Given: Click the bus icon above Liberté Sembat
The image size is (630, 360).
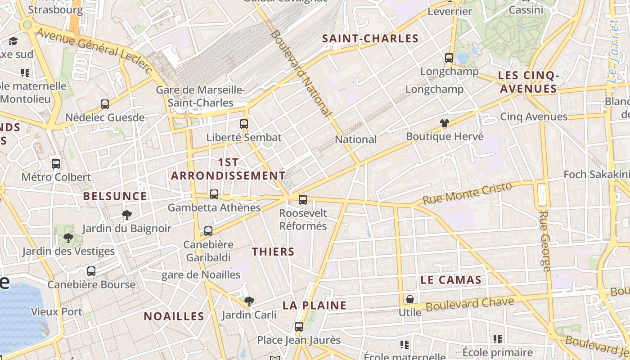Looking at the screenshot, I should click(x=244, y=124).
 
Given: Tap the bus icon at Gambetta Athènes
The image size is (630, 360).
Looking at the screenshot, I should click(x=214, y=194).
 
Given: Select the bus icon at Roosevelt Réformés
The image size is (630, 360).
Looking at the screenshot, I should click(x=303, y=199).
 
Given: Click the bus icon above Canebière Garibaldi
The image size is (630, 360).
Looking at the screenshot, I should click(x=208, y=231).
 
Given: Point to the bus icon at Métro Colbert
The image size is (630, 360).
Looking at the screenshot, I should click(x=56, y=164).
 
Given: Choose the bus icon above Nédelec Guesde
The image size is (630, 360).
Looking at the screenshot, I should click(x=105, y=104).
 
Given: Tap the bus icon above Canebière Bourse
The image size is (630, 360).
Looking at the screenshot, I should click(x=91, y=271).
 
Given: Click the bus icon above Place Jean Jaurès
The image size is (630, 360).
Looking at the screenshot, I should click(x=299, y=327).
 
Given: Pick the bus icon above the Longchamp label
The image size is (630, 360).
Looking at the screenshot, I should click(x=449, y=58).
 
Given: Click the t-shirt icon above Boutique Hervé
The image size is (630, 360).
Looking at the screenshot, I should click(x=445, y=123).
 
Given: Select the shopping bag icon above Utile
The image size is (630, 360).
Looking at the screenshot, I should click(x=410, y=299).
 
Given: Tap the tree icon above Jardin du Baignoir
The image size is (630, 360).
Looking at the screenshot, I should click(x=127, y=215).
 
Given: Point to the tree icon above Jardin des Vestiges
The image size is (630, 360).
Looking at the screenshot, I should click(x=68, y=238).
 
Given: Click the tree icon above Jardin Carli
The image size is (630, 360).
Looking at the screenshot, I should click(x=249, y=301).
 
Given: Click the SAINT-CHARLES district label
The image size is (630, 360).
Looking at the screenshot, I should click(x=370, y=39).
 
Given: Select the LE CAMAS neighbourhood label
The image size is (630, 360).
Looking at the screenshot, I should click(x=451, y=280).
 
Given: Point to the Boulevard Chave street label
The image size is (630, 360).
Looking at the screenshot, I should click(x=470, y=304).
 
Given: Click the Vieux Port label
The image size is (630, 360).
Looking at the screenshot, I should click(x=57, y=311).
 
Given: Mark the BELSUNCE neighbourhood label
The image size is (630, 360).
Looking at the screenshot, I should click(x=115, y=196).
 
